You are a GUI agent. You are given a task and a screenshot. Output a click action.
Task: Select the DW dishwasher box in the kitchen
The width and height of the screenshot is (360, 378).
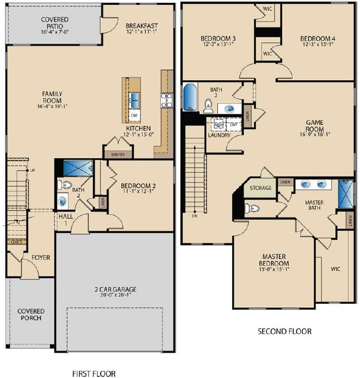click(133, 116)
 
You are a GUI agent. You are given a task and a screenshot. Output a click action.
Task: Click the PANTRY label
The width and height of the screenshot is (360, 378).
click(118, 155)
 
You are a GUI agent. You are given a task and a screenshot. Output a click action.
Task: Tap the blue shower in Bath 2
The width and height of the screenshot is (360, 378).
click(77, 168)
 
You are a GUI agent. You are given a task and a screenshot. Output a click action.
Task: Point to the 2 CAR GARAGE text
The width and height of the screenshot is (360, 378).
click(114, 290)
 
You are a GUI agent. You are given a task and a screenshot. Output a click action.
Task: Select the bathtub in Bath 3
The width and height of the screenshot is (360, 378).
click(189, 98)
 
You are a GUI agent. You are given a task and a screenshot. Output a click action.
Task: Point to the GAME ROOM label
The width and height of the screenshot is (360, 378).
click(315, 126)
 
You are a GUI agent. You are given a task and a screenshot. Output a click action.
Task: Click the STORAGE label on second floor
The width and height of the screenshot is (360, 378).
click(261, 188)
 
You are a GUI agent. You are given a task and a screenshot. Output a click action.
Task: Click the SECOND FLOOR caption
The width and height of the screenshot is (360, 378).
click(284, 332)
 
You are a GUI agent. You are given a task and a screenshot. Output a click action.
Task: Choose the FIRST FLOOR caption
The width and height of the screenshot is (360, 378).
click(94, 374)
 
